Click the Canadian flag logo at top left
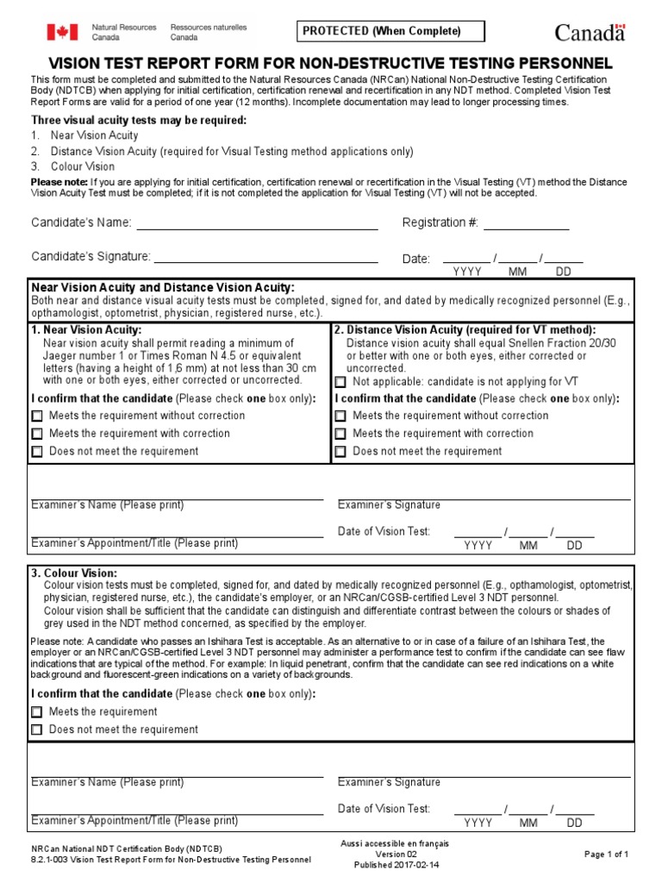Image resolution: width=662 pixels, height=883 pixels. (62, 32)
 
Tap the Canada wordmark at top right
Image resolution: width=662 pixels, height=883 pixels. (590, 33)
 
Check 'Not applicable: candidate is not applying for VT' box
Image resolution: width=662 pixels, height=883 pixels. (340, 381)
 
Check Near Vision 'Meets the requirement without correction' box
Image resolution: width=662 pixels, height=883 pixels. (37, 416)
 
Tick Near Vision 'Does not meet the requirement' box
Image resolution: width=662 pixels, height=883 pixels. (37, 451)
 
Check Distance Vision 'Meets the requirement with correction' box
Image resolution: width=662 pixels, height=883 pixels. (340, 434)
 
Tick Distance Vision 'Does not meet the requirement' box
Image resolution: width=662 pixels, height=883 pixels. (340, 451)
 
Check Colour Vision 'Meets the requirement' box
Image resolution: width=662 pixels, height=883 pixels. (37, 712)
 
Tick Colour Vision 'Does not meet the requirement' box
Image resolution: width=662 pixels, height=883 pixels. (37, 730)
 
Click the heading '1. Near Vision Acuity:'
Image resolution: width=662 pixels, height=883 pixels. (86, 330)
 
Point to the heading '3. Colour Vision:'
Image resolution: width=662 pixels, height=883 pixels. (74, 573)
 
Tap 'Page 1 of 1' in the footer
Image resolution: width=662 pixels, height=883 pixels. (606, 854)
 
